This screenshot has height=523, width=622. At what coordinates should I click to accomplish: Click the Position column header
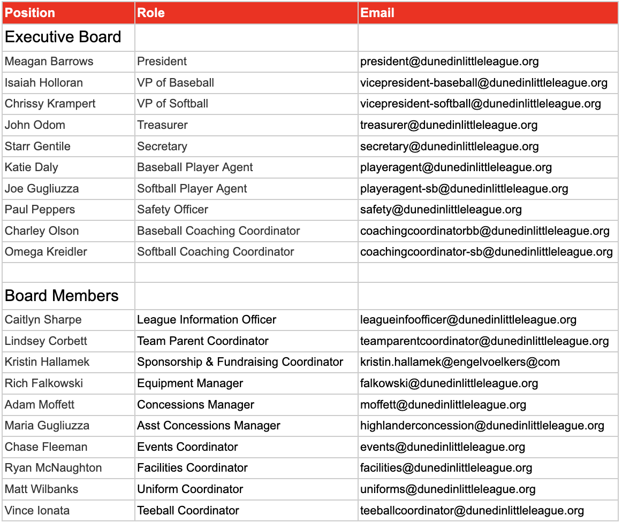click(30, 13)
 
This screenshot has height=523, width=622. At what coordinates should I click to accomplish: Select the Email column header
click(377, 13)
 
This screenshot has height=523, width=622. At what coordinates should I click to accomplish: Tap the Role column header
click(150, 13)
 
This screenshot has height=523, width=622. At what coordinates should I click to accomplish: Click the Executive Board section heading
click(63, 37)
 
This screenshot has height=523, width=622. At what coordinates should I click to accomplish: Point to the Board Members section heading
click(62, 296)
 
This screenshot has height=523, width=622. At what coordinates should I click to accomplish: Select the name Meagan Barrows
click(49, 61)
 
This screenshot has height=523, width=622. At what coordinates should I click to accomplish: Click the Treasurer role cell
click(162, 125)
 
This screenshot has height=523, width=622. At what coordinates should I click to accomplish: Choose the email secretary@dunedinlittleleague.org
click(449, 147)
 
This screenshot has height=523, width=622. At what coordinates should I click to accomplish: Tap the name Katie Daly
click(31, 167)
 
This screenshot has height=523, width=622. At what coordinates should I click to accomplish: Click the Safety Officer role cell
click(172, 210)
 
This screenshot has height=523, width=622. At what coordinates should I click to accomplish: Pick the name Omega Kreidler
click(46, 252)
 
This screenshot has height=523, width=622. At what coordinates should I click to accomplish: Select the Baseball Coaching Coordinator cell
click(218, 231)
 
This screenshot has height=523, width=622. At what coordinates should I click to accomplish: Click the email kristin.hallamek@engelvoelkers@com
click(460, 362)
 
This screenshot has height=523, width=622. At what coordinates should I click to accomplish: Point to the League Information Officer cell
click(207, 320)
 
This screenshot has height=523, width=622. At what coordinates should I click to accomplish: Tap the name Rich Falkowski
click(44, 383)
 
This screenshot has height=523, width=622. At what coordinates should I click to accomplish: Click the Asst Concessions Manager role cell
click(209, 426)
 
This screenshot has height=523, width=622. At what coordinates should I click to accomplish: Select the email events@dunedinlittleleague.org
click(442, 447)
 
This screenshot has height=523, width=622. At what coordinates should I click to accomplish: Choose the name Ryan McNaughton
click(53, 468)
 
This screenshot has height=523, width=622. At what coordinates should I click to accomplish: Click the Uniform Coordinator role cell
click(190, 489)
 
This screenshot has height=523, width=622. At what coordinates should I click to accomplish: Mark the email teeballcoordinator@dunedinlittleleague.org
click(472, 511)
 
